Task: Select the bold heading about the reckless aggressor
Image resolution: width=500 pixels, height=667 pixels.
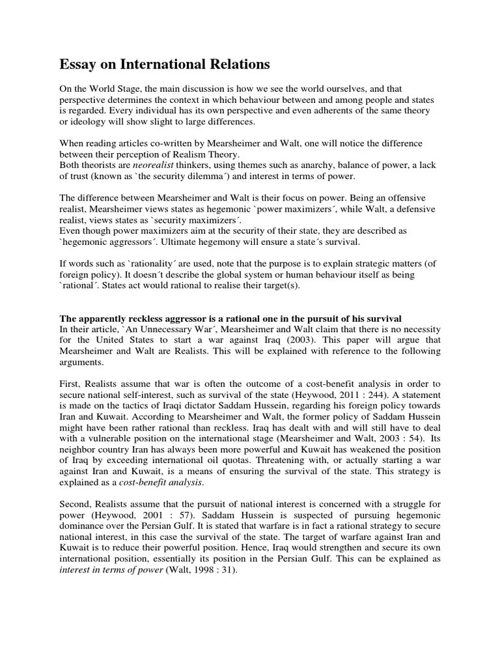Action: [x=230, y=319]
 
